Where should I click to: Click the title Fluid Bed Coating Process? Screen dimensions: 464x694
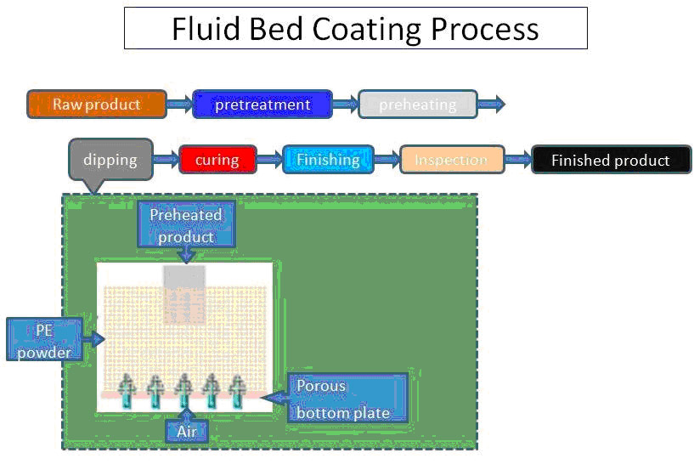coord(355,28)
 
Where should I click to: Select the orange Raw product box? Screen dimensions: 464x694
coord(96,105)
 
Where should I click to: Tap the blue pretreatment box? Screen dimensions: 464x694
coord(262,105)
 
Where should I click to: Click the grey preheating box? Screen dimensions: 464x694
coord(417,105)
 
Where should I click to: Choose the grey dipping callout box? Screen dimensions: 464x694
coord(110,160)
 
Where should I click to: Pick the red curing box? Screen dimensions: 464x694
coord(217,160)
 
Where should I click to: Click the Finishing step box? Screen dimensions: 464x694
coord(327,160)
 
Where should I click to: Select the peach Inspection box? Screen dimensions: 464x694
coord(451,160)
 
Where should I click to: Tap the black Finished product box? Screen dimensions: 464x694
coord(610,160)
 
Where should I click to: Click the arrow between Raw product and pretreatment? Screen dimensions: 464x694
coord(179,105)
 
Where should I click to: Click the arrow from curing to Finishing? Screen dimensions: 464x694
coord(269,160)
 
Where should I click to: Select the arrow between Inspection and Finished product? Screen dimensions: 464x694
coord(518,160)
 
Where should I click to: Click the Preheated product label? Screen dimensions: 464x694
coord(186,225)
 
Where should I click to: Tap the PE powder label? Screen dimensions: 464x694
coord(44,339)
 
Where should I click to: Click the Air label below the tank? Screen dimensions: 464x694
coord(186,432)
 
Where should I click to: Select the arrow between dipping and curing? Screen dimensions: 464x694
coord(166,160)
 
